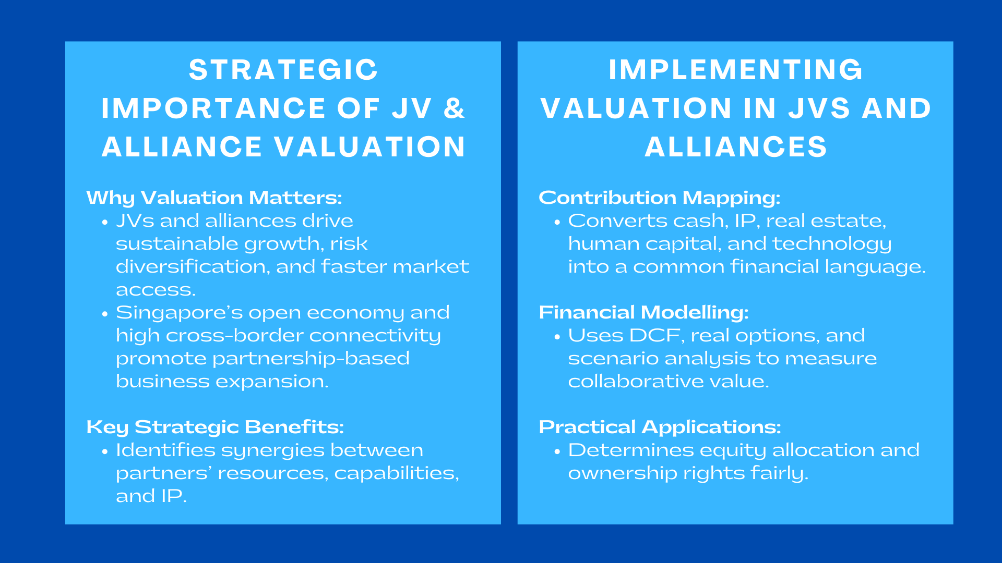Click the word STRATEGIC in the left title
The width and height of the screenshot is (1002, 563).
click(x=283, y=70)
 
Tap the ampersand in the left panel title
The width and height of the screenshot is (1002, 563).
click(x=454, y=108)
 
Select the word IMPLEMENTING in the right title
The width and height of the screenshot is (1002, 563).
click(x=736, y=70)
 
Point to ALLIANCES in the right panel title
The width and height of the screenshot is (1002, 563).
click(x=736, y=146)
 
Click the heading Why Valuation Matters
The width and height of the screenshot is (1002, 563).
click(x=214, y=198)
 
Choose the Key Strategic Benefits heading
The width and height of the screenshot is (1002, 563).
click(x=215, y=427)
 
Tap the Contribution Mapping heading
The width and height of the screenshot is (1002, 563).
click(x=660, y=198)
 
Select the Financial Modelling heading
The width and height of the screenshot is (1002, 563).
click(x=643, y=312)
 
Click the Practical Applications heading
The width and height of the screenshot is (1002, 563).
click(x=660, y=427)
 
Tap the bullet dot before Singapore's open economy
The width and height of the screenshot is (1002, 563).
click(x=105, y=314)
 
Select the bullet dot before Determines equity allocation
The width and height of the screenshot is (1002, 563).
click(x=557, y=451)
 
